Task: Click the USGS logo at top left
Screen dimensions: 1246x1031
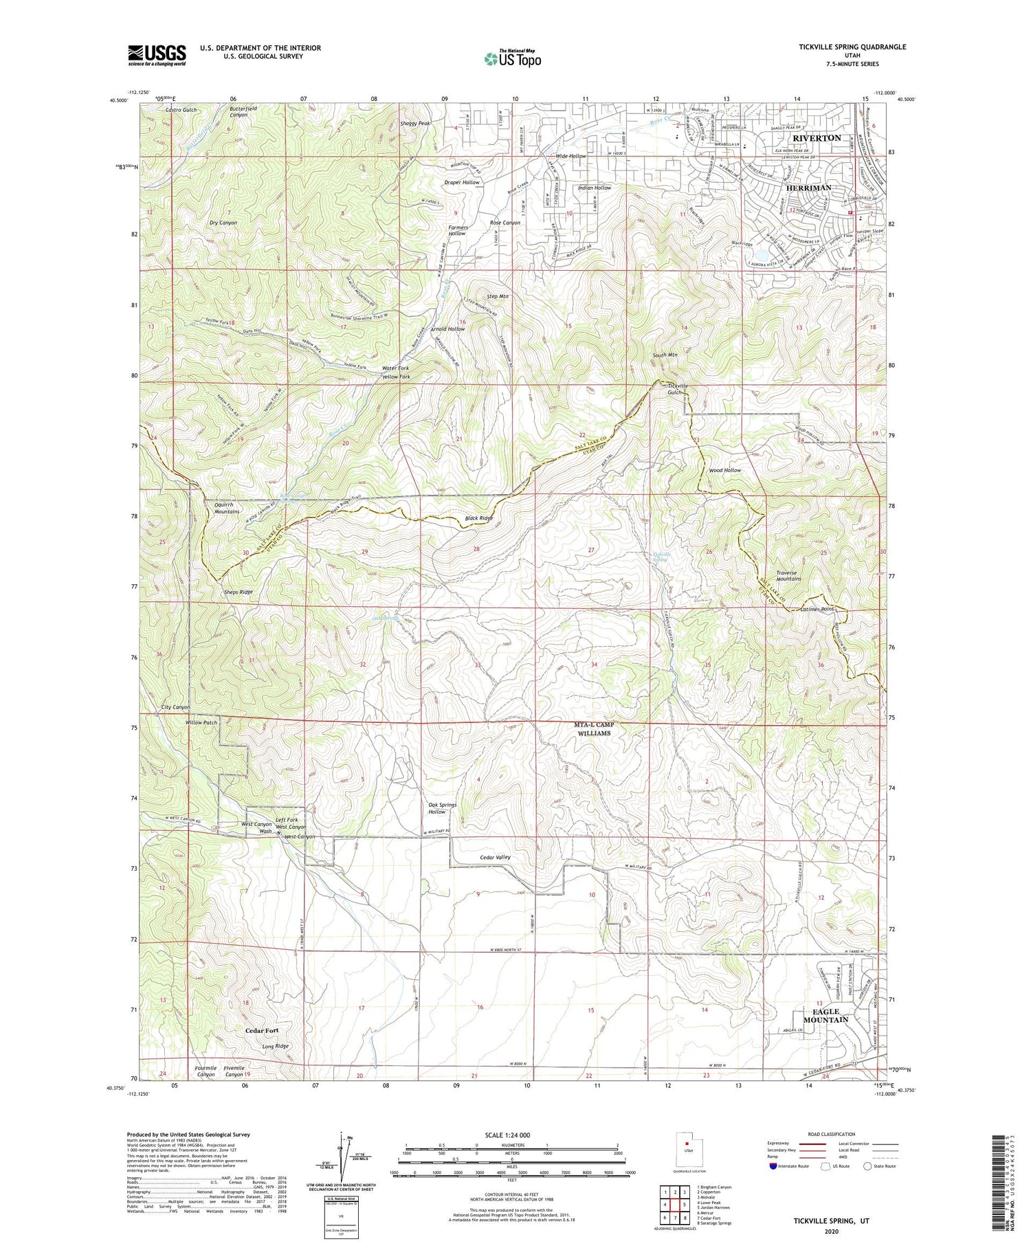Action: (x=157, y=55)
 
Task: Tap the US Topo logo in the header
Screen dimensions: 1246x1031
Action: (x=512, y=59)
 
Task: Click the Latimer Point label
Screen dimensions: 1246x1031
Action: (x=817, y=609)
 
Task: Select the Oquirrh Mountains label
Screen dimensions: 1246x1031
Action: (x=222, y=507)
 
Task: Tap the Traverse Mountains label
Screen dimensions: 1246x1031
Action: (x=788, y=575)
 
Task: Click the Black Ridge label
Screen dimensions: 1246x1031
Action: (x=478, y=518)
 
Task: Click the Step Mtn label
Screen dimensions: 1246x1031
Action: (x=497, y=296)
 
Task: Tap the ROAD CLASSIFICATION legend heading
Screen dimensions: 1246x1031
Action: (x=832, y=1134)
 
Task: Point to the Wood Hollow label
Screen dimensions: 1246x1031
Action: (x=724, y=470)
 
